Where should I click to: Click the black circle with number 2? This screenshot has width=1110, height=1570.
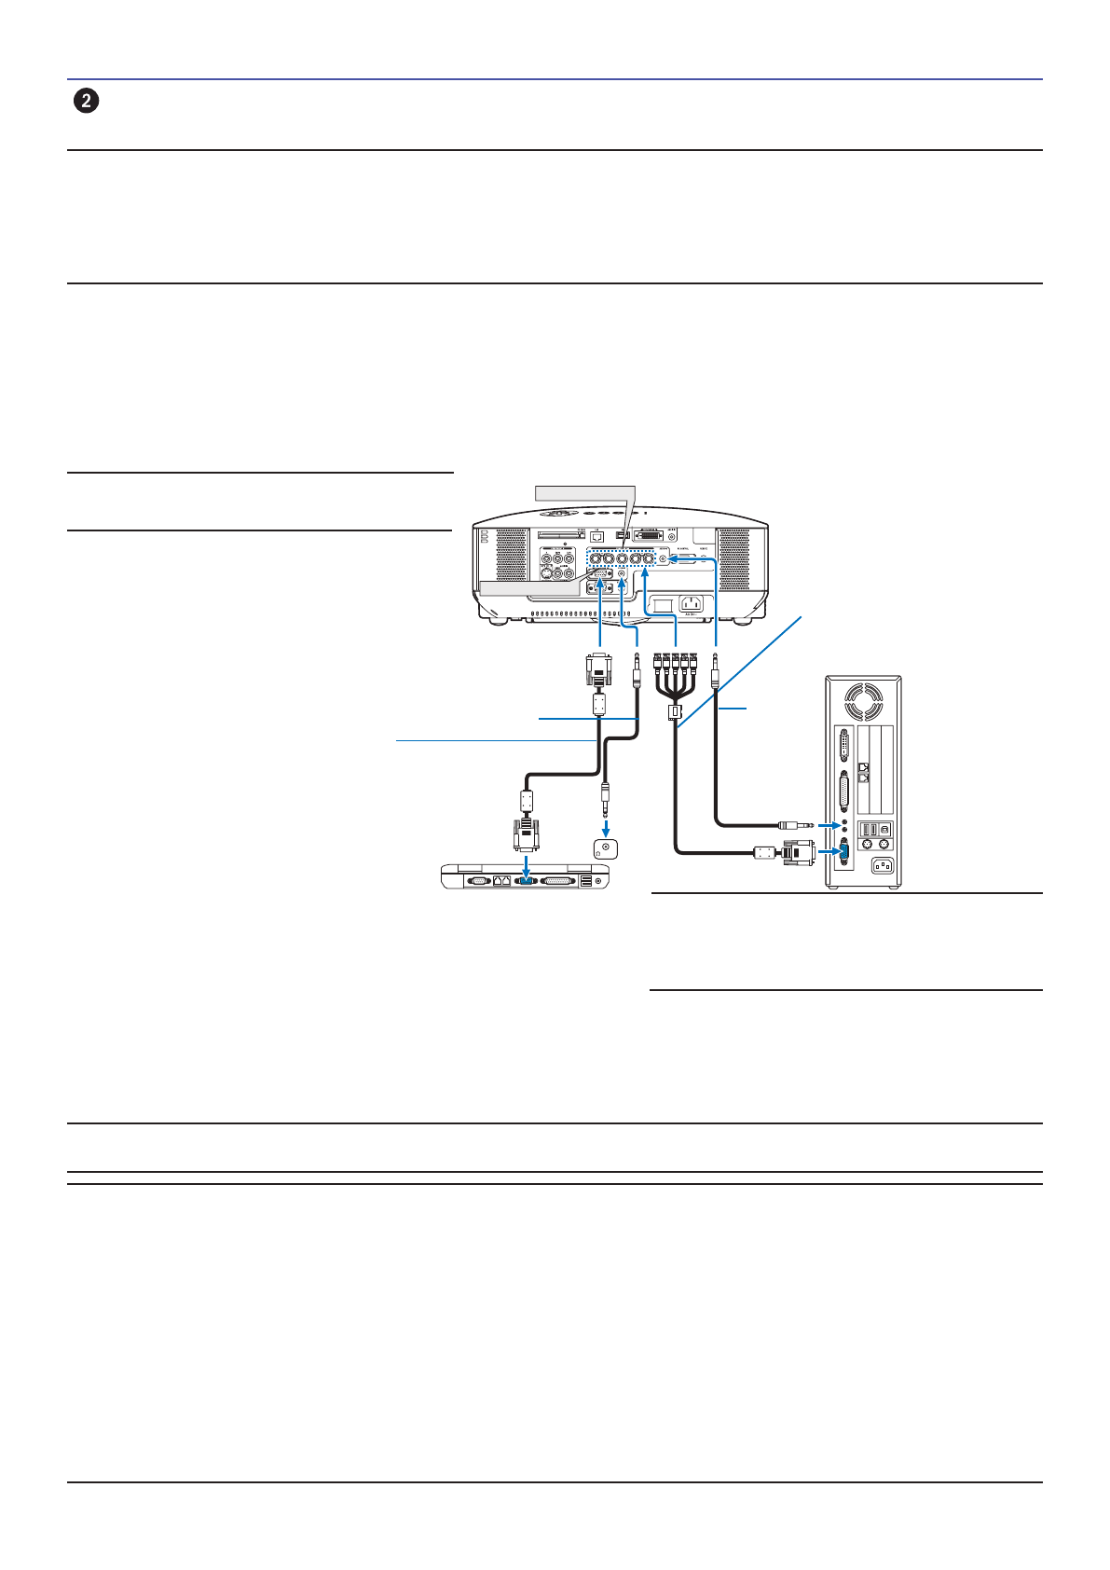(x=86, y=102)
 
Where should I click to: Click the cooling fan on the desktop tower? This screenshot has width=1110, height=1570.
(x=862, y=700)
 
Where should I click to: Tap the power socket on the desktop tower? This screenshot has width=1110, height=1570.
(x=882, y=866)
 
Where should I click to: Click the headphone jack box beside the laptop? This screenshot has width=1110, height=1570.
(x=606, y=848)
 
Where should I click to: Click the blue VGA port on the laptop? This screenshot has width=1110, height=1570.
(x=525, y=880)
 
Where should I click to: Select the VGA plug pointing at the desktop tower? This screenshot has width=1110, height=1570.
(x=793, y=852)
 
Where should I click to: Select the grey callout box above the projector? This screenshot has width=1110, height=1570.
(x=583, y=491)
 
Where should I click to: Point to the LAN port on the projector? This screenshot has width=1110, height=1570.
(x=597, y=536)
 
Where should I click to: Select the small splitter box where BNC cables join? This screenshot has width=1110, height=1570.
(x=672, y=713)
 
